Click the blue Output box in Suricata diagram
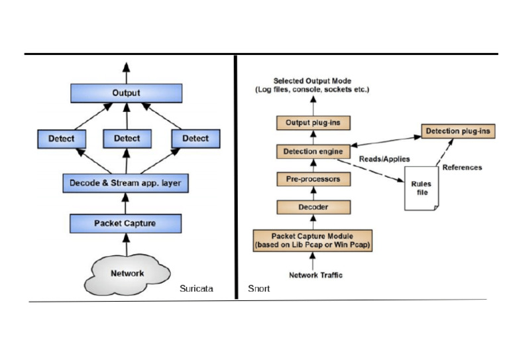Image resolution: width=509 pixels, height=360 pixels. (x=126, y=93)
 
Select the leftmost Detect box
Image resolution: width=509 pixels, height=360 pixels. (x=60, y=139)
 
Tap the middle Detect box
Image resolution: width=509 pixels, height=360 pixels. (x=127, y=139)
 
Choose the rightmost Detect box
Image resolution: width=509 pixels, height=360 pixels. (x=195, y=139)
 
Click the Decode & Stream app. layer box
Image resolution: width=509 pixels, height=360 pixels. (x=126, y=182)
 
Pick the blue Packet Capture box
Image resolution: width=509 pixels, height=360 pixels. (x=126, y=223)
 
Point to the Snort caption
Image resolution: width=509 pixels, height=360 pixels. (x=258, y=289)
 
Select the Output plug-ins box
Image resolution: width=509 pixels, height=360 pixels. (x=311, y=123)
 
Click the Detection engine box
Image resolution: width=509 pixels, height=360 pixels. (x=313, y=152)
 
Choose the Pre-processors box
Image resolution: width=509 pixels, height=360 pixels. (x=312, y=180)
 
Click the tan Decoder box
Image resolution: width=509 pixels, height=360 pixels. (x=312, y=208)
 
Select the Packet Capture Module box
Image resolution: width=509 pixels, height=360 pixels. (x=312, y=239)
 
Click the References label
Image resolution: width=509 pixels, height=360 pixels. (x=462, y=168)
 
